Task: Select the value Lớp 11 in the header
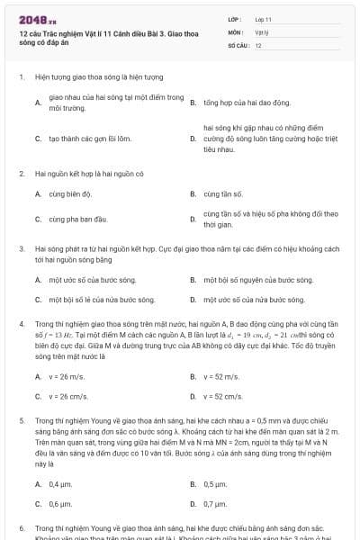click(x=264, y=18)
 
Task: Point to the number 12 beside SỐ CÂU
click(x=258, y=44)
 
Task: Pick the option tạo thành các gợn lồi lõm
click(x=90, y=139)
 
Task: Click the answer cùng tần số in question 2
click(x=224, y=193)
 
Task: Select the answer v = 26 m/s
click(x=67, y=376)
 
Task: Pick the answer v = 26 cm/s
click(x=68, y=395)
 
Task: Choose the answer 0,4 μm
click(x=61, y=484)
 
